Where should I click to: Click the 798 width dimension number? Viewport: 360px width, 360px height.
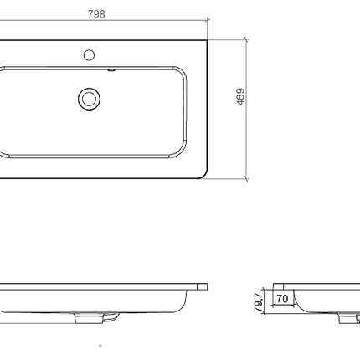point(96,14)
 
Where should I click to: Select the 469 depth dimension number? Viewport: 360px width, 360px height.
point(240,96)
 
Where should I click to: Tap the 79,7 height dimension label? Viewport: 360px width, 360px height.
point(259,301)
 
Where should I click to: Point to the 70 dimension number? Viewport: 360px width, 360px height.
point(282,299)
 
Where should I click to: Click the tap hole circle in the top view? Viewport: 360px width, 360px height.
point(89,55)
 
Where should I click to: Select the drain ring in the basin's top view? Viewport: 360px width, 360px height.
point(90,99)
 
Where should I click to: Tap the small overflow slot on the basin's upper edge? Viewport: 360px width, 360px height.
point(111,70)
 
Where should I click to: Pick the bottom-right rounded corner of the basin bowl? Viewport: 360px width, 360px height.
point(180,153)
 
